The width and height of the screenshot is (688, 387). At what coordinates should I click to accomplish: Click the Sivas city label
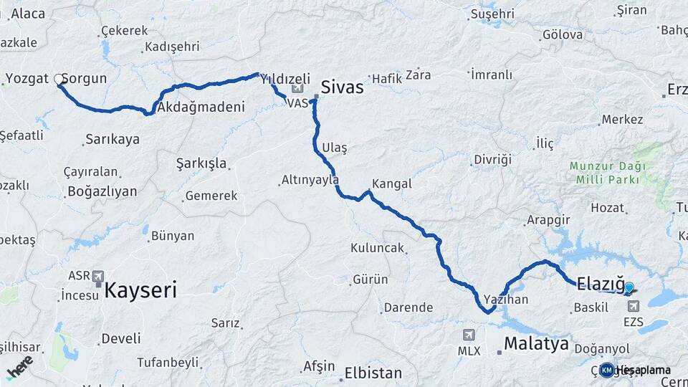(342, 88)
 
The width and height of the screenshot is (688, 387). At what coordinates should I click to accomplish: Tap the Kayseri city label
(140, 290)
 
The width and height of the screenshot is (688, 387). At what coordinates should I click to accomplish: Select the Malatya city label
(536, 343)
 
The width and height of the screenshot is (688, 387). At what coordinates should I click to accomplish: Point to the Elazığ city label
(601, 282)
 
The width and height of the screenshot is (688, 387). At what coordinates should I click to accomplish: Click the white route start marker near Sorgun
(59, 80)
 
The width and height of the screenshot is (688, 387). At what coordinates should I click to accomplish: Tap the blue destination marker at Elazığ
(629, 288)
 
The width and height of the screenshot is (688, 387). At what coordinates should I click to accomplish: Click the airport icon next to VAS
(297, 89)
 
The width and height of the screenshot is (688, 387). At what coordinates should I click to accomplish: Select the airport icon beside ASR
(97, 276)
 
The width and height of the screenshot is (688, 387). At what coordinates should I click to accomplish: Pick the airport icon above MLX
(469, 335)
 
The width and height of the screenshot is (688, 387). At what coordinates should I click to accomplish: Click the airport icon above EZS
(634, 306)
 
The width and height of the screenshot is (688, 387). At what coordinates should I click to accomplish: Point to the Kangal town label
(392, 183)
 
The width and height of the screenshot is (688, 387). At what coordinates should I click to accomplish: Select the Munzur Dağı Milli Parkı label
(608, 173)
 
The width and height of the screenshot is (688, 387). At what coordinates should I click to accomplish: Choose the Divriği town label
(493, 159)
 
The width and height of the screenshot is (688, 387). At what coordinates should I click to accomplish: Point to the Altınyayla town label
(310, 180)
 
